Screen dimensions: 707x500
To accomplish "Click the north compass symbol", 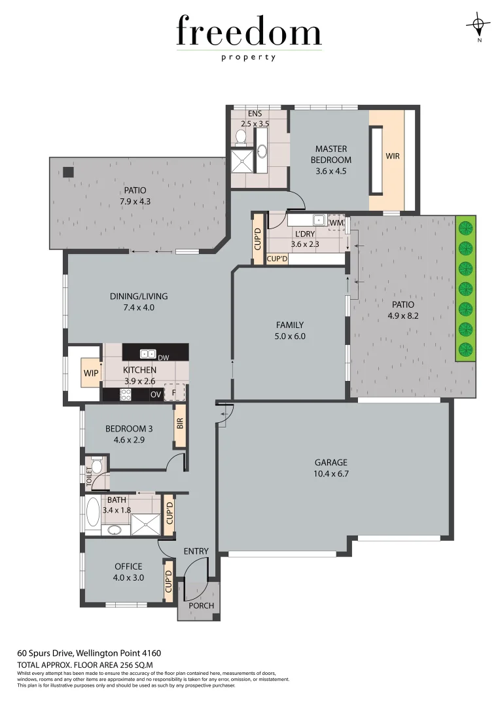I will tap(479, 27).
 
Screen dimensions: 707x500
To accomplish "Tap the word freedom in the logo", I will tap(249, 32).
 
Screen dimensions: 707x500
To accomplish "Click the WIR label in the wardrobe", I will tap(393, 156).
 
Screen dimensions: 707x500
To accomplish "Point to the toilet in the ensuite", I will tap(240, 137).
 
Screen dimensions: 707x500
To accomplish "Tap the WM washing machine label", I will tap(336, 223).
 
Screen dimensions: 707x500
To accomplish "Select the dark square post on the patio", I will tap(68, 172).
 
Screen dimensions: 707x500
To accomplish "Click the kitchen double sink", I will tap(147, 354).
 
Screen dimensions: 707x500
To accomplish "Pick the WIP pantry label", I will tap(90, 374).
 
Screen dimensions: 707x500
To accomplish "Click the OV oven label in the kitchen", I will tap(155, 394).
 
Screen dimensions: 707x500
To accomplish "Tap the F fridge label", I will tap(174, 393).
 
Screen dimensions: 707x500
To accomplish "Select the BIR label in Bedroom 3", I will tap(180, 423).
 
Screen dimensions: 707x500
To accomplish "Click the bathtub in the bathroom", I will tap(92, 513).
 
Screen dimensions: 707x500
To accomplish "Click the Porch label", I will tap(201, 606).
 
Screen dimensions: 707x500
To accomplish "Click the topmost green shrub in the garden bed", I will tap(465, 228).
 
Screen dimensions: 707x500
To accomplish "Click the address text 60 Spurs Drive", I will tap(45, 653).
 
